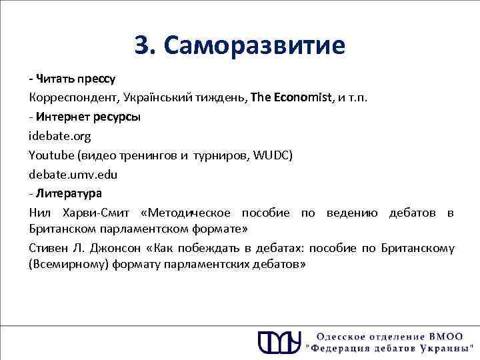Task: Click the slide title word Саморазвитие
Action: pyautogui.click(x=254, y=46)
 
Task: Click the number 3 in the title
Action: pyautogui.click(x=141, y=46)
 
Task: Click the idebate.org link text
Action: pyautogui.click(x=60, y=136)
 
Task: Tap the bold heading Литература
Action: pyautogui.click(x=69, y=194)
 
